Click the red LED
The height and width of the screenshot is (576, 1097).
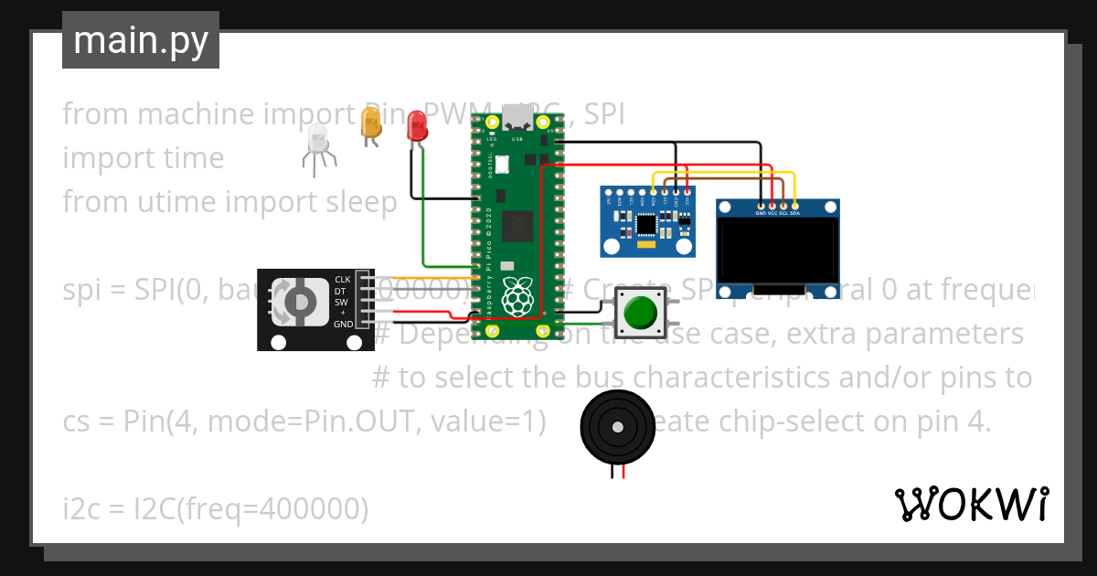(x=417, y=126)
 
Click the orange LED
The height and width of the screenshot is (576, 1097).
(x=370, y=123)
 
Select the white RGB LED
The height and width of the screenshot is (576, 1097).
(x=318, y=140)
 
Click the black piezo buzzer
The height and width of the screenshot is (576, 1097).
(x=617, y=427)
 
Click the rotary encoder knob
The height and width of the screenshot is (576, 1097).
(x=299, y=302)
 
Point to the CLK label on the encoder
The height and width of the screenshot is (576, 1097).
(x=343, y=279)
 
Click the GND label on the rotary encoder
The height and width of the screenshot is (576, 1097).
(x=343, y=325)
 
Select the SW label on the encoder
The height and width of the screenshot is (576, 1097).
(x=341, y=302)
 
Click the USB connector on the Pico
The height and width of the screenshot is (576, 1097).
(x=517, y=118)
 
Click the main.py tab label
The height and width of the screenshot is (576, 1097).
(x=140, y=40)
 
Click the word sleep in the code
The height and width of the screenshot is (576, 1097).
(x=364, y=201)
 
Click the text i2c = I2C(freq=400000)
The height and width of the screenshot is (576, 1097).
(x=216, y=508)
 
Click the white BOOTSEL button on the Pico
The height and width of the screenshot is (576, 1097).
(x=502, y=165)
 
